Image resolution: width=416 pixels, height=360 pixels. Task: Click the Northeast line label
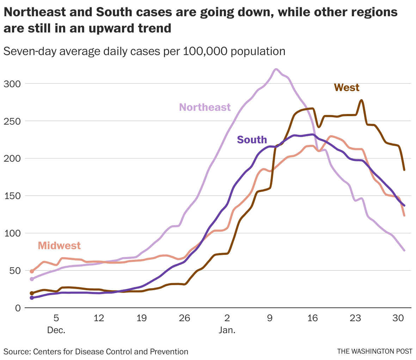point(205,107)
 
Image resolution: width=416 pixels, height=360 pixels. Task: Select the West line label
point(347,87)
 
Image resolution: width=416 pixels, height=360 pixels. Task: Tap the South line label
point(252,140)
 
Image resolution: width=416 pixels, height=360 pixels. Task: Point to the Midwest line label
point(59,245)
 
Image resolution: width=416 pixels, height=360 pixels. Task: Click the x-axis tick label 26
point(184,318)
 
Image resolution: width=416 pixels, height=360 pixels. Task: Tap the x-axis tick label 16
point(313,318)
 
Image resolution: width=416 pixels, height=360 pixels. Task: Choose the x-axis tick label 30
point(398,318)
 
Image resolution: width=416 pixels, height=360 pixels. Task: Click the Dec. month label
point(56,331)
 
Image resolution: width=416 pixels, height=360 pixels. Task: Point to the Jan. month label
point(227,331)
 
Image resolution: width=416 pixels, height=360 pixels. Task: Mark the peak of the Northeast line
point(276,69)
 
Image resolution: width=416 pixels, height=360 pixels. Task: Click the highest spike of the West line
point(361,100)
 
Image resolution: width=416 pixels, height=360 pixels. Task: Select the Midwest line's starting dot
point(32,271)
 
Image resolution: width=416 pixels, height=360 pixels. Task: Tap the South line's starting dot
point(32,298)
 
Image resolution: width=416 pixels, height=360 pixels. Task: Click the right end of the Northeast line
point(404,250)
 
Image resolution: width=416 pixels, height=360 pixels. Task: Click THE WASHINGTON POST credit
point(374,352)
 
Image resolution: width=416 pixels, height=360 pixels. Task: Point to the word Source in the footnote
point(16,352)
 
